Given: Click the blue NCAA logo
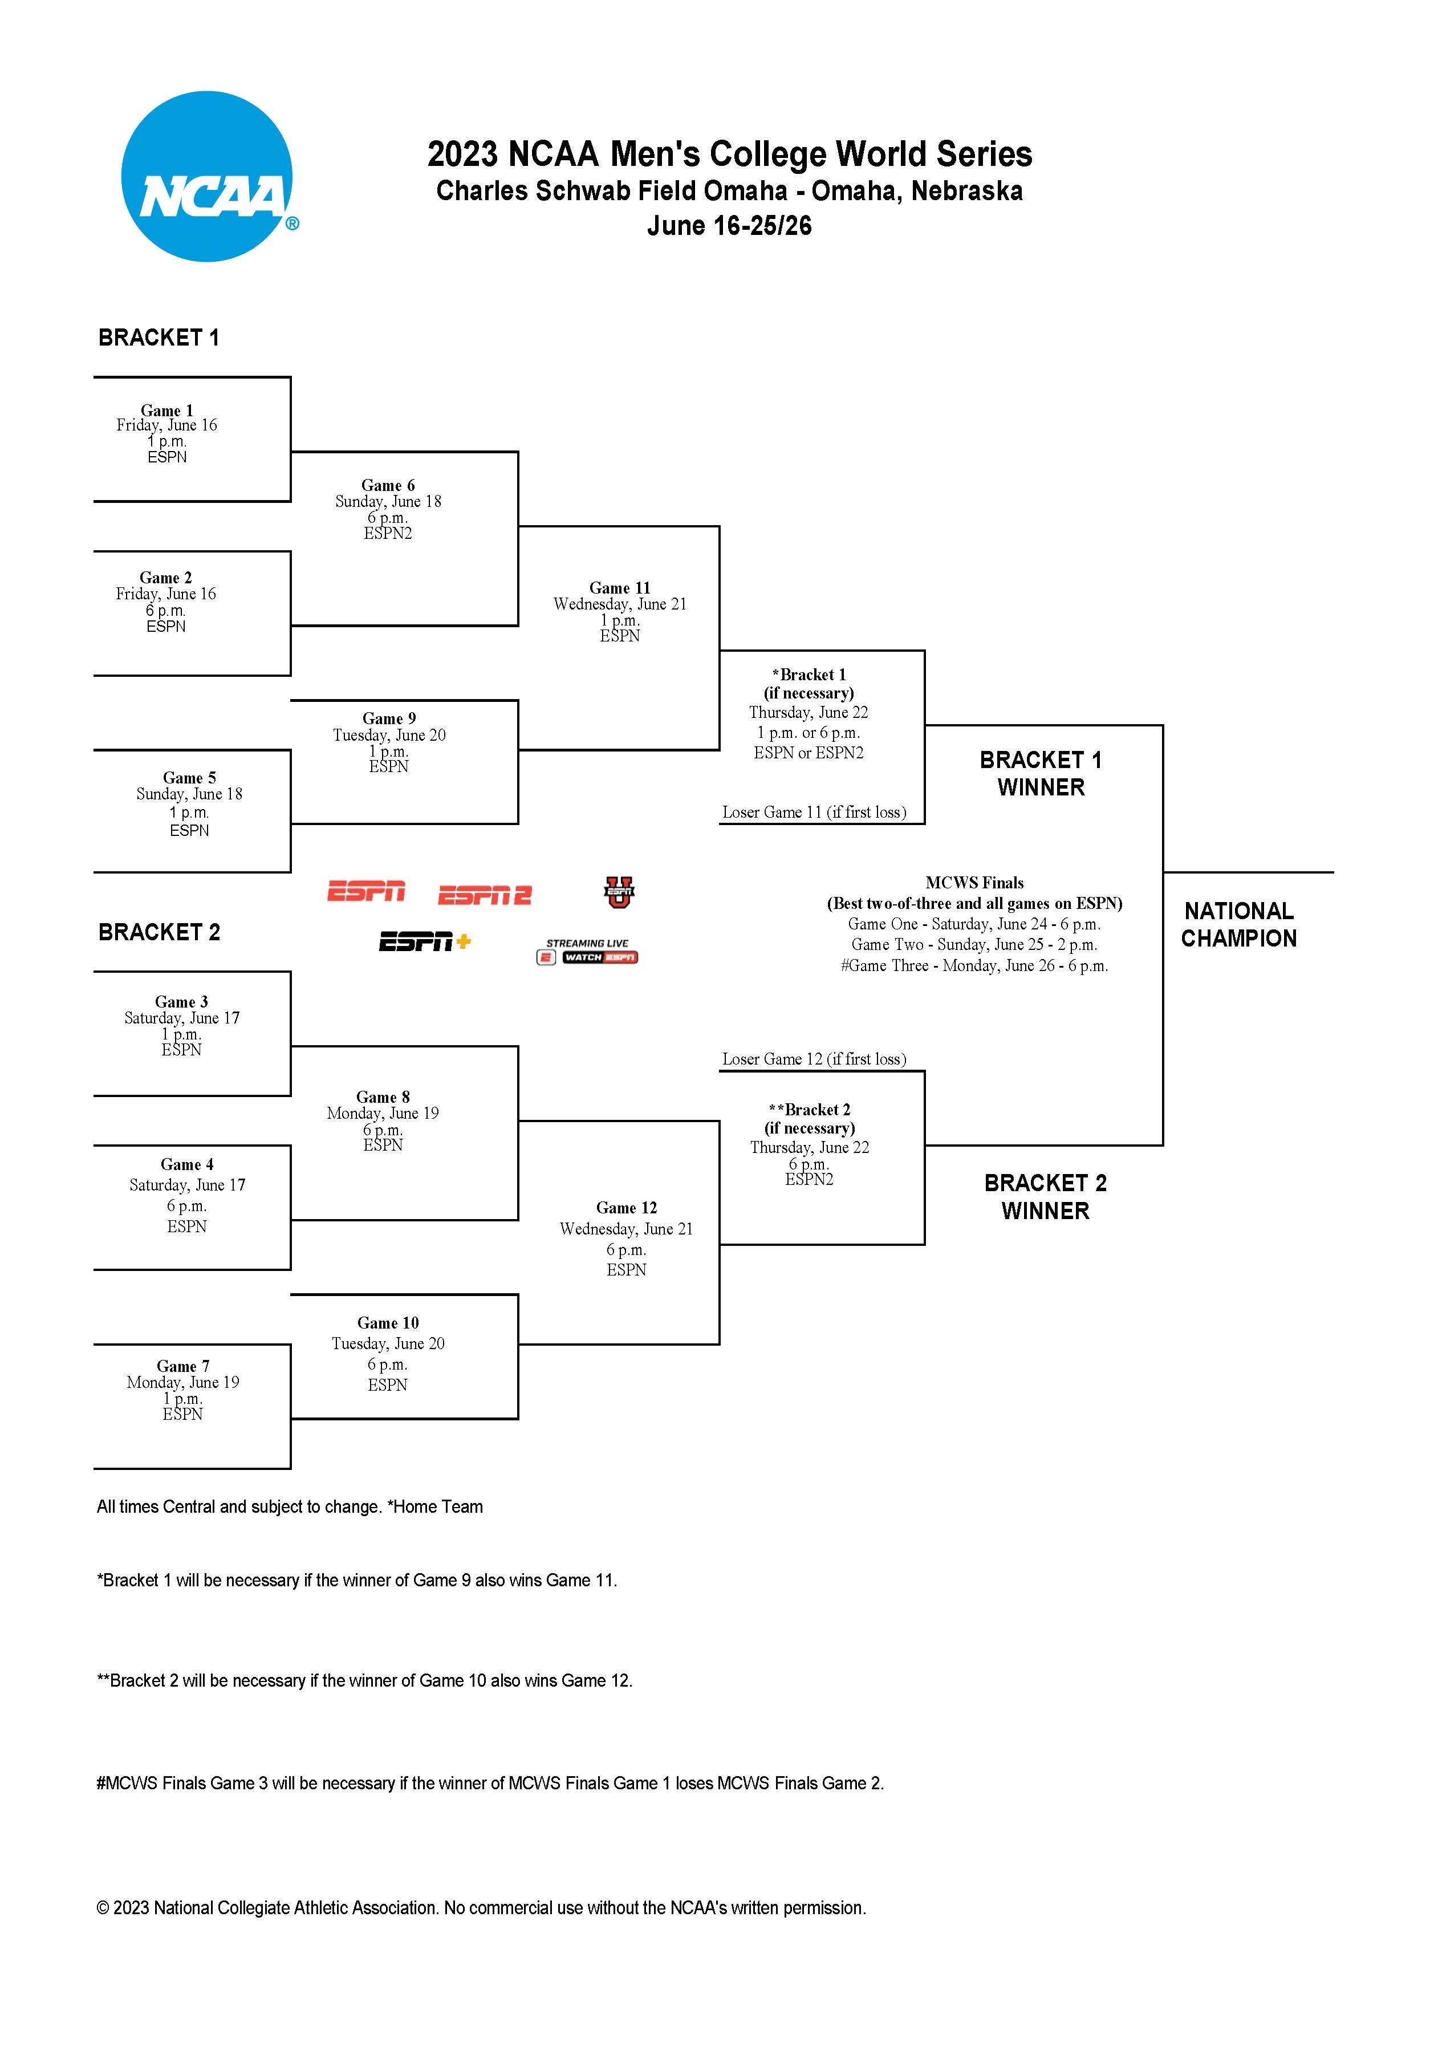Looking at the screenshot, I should [x=206, y=177].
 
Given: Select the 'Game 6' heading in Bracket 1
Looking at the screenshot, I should [x=388, y=485].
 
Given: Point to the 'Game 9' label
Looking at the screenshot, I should [x=388, y=718].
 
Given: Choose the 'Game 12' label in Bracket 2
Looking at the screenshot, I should [x=626, y=1208].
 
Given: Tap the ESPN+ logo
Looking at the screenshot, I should [x=424, y=941].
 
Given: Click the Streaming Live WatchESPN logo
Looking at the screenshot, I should [x=587, y=951].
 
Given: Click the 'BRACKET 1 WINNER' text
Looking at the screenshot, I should [x=1041, y=774].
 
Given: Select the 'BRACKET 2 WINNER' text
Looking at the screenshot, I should [x=1045, y=1197].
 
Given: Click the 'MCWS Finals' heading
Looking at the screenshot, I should [x=974, y=883].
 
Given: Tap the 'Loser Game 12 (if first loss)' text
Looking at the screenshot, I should [x=814, y=1058].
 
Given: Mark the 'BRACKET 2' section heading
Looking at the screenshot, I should [x=159, y=932].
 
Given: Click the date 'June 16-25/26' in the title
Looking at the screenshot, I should [x=729, y=226].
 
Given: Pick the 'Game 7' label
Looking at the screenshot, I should [x=182, y=1366].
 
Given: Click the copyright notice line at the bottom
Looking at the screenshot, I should [x=481, y=1907].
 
